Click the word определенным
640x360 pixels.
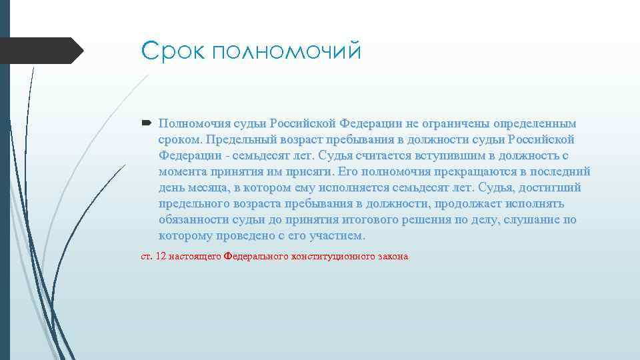tap(535, 124)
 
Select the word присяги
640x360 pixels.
tap(297, 172)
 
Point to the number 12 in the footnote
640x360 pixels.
tap(160, 256)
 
